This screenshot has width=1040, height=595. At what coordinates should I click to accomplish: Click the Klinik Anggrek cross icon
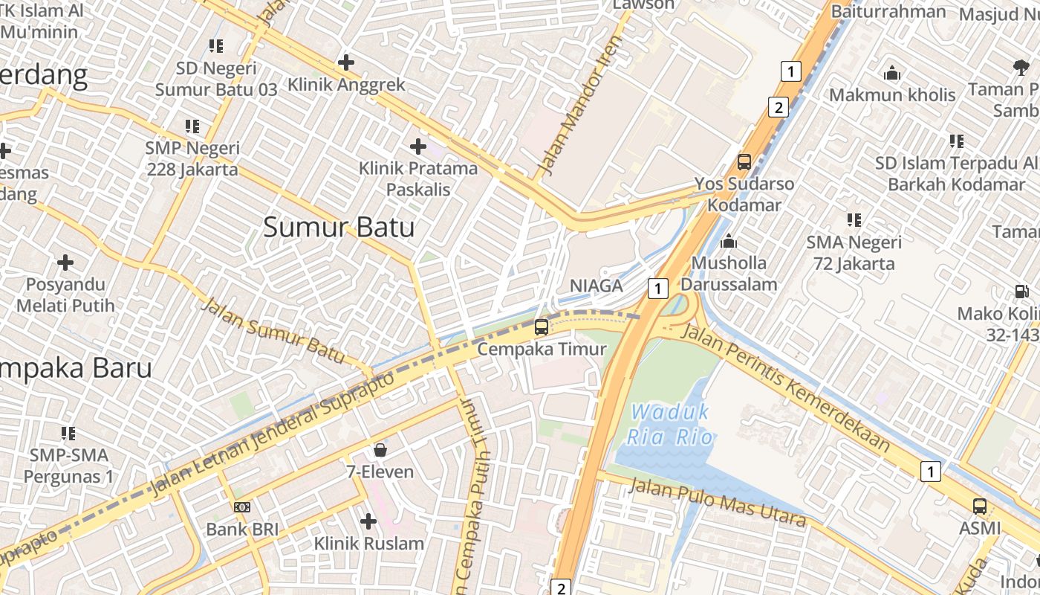click(345, 62)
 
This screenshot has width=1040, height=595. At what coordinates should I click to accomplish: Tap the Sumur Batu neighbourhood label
click(339, 227)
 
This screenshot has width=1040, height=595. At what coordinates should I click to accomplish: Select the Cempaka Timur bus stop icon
click(542, 327)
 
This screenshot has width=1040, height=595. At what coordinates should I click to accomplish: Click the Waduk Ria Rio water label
click(669, 424)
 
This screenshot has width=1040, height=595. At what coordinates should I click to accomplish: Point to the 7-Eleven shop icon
click(380, 450)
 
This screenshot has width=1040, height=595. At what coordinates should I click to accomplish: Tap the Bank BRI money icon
click(242, 507)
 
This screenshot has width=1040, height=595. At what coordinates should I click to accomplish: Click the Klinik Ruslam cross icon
click(368, 521)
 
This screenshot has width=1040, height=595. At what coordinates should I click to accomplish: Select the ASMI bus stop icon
click(980, 506)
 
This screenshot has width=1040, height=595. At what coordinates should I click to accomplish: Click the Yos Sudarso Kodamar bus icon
click(744, 161)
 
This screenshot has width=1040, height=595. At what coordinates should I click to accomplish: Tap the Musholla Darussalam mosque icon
click(729, 241)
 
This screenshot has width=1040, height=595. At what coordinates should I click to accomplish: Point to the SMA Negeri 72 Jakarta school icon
click(854, 220)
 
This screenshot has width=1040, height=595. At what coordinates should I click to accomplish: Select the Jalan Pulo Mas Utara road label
click(717, 503)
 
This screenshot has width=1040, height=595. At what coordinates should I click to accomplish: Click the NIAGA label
click(596, 286)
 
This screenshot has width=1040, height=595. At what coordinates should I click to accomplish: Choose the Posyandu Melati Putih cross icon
click(65, 263)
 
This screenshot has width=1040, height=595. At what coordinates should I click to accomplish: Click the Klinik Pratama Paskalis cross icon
click(418, 147)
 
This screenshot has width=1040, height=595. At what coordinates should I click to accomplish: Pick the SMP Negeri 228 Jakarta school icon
click(192, 126)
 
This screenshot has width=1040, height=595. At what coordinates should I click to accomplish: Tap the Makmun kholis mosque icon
click(892, 74)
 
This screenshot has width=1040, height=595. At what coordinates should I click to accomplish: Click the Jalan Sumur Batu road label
click(273, 331)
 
